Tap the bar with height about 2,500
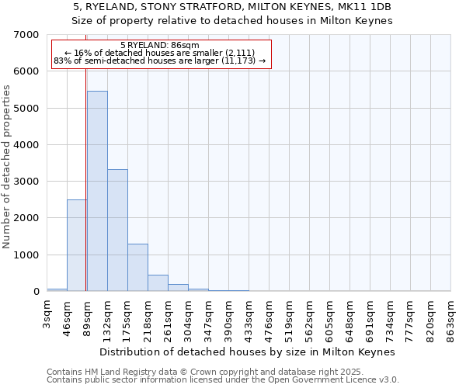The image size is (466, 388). click(x=76, y=245)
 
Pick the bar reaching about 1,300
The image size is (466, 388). click(x=137, y=268)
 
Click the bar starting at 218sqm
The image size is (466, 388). click(x=158, y=283)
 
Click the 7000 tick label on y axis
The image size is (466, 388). click(x=26, y=35)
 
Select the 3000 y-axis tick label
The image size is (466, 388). click(x=26, y=182)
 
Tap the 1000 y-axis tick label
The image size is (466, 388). click(x=26, y=255)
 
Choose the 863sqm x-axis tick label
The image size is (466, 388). click(x=450, y=318)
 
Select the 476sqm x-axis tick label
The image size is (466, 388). click(x=269, y=318)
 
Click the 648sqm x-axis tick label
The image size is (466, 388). click(x=349, y=318)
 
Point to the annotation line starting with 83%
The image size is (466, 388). click(x=161, y=61)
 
